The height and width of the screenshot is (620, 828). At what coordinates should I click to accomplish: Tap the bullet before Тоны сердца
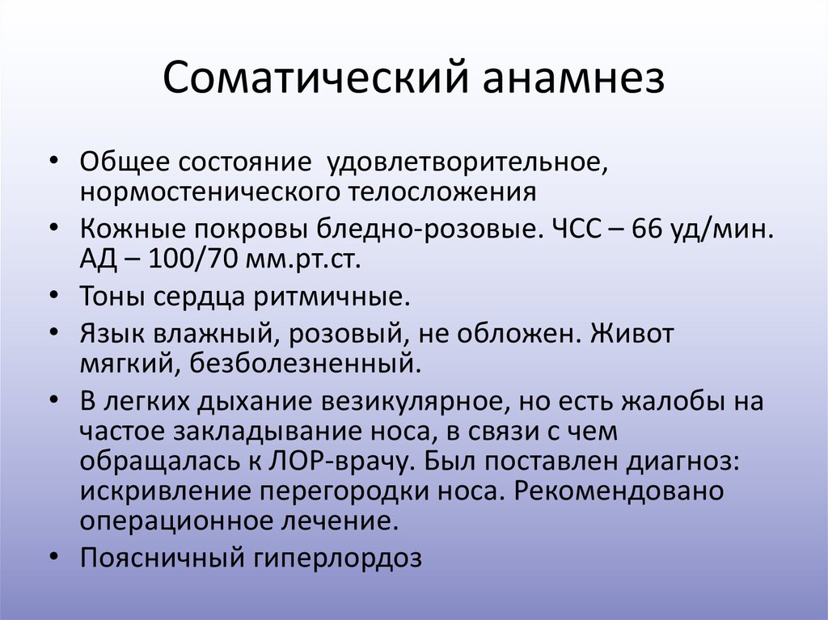click(53, 296)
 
